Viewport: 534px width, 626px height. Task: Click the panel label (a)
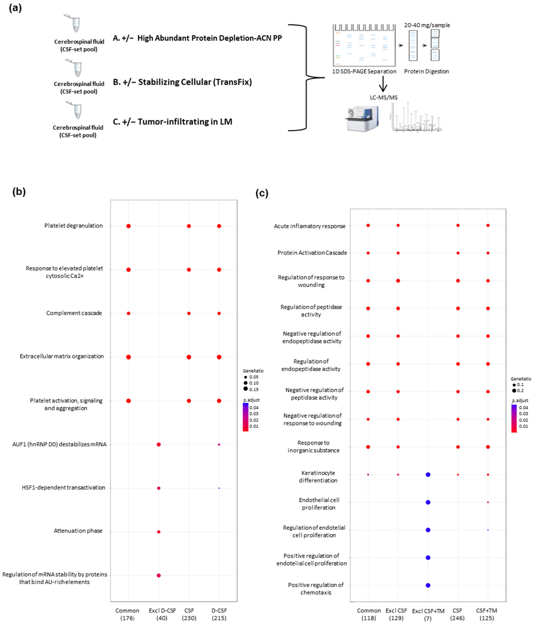pos(15,8)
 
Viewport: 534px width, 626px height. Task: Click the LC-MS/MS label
pos(384,97)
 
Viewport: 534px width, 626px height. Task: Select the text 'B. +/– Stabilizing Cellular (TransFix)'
pos(182,82)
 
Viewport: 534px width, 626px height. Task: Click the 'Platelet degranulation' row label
pos(73,226)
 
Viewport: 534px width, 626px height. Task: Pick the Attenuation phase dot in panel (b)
pos(159,532)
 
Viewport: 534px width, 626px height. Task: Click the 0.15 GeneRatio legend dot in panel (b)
pos(246,389)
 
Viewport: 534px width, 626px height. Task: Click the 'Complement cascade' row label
pos(74,313)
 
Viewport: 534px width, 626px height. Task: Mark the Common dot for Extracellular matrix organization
pos(129,357)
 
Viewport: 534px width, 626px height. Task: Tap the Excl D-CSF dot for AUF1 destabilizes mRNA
pos(159,444)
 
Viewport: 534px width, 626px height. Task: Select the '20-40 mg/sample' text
pos(427,25)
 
